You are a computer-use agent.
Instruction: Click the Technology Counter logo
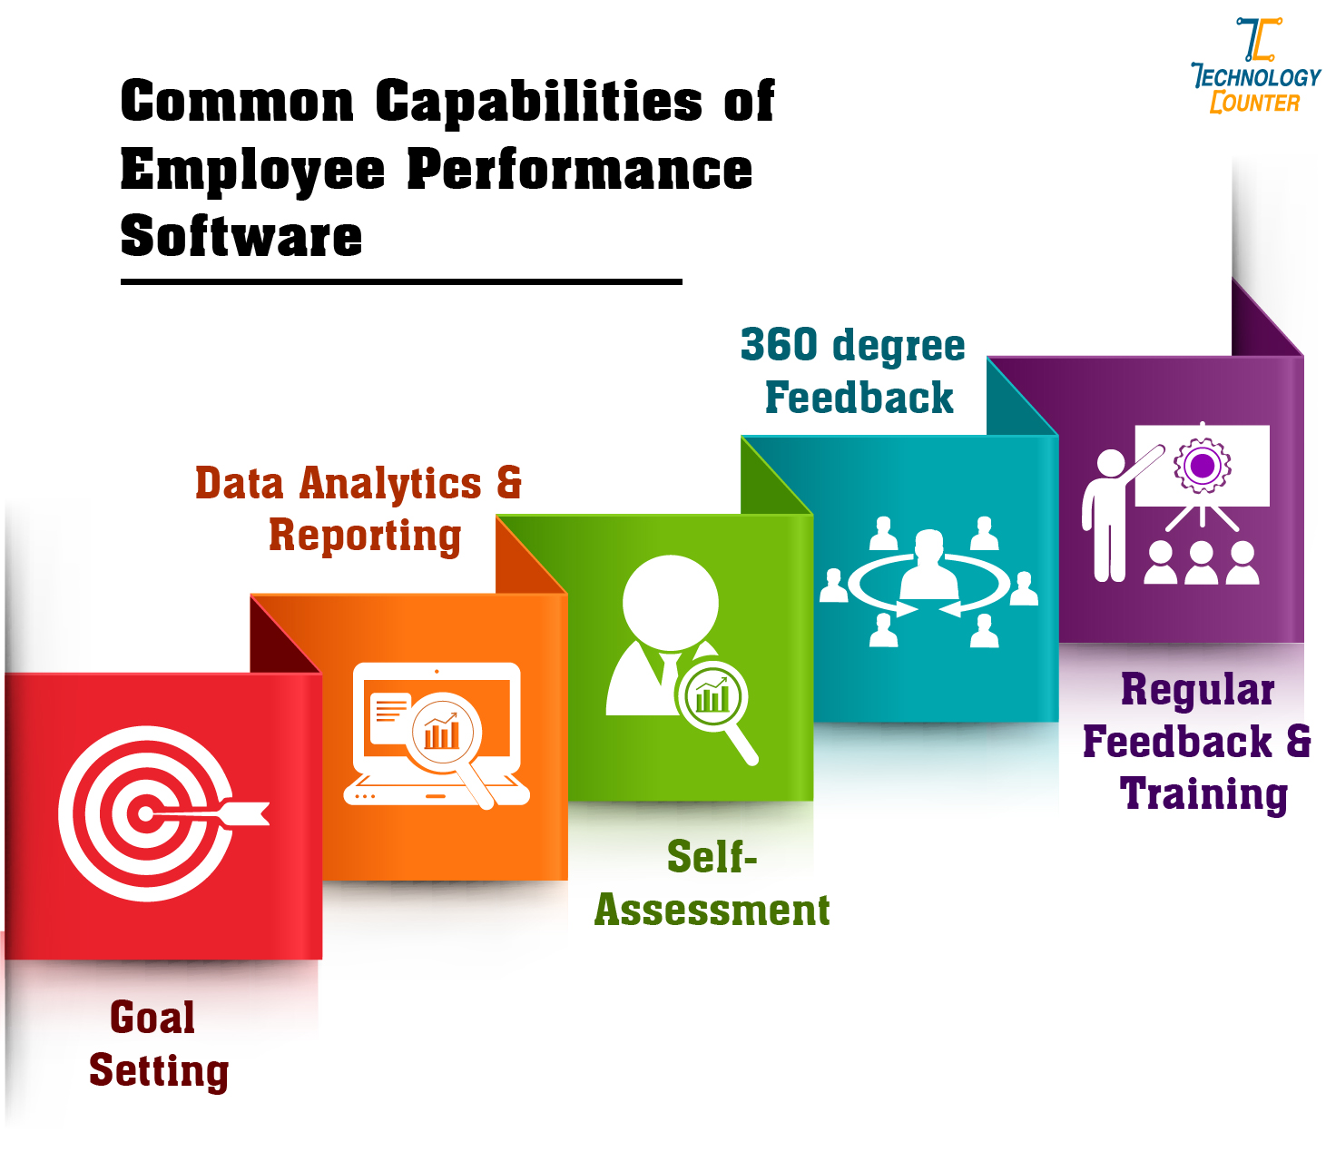coord(1256,67)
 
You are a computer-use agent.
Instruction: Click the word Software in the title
coord(241,236)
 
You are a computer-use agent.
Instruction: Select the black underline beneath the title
coord(401,282)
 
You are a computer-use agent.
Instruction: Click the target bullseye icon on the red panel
coord(145,813)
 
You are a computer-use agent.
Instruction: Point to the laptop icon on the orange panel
coord(437,734)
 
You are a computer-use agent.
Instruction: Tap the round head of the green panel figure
coord(671,602)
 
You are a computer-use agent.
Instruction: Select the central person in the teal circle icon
coord(928,567)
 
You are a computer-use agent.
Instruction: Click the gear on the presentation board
coord(1203,467)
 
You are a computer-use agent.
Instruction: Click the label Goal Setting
coord(158,1044)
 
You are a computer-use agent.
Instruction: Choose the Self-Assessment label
coord(712,883)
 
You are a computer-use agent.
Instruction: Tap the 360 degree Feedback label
coord(853,371)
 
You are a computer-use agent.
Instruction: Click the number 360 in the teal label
coord(780,345)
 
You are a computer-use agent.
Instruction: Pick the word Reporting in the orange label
coord(365,535)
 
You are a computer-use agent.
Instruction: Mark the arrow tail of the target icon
coord(251,813)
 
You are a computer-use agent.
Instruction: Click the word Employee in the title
coord(253,170)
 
